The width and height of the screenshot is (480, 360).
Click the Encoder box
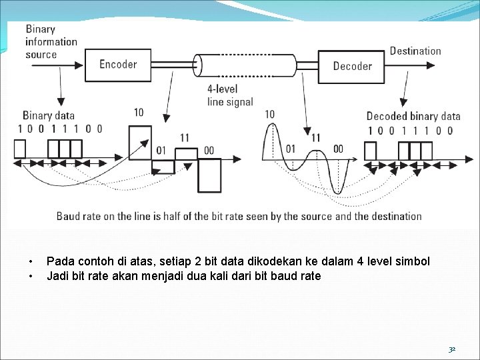point(118,64)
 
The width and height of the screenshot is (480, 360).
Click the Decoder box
point(352,65)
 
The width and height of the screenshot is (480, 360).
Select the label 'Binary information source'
point(51,41)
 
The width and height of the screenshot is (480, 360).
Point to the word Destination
point(415,51)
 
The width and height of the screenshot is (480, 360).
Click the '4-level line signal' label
point(230,95)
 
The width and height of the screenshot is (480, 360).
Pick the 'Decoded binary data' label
point(413,116)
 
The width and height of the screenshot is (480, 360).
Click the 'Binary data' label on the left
point(49,116)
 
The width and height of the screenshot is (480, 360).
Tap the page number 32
point(451,349)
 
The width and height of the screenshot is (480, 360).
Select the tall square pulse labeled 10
point(139,141)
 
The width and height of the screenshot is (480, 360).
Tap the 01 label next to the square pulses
point(161,150)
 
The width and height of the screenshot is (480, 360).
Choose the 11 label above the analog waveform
point(315,137)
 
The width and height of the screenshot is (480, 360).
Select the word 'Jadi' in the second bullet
point(57,275)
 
